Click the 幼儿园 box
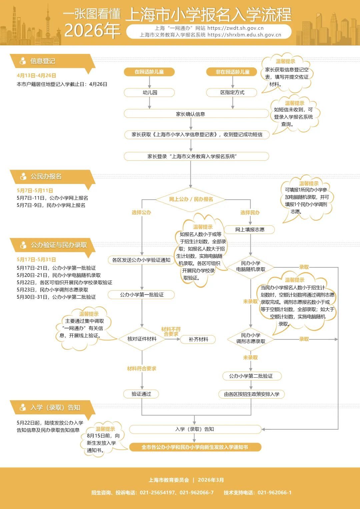(149, 92)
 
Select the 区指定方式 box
(232, 92)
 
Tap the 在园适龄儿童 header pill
(149, 72)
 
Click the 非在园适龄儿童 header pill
(232, 72)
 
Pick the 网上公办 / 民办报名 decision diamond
(191, 199)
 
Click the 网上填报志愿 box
(250, 229)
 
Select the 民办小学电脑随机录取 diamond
(251, 266)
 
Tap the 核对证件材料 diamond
(142, 339)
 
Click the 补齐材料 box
(198, 339)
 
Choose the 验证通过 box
(141, 394)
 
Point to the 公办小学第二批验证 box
(251, 376)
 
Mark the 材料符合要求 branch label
(142, 368)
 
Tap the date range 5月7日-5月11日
(35, 190)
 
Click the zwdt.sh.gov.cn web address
(235, 28)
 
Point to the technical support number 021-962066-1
(274, 492)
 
